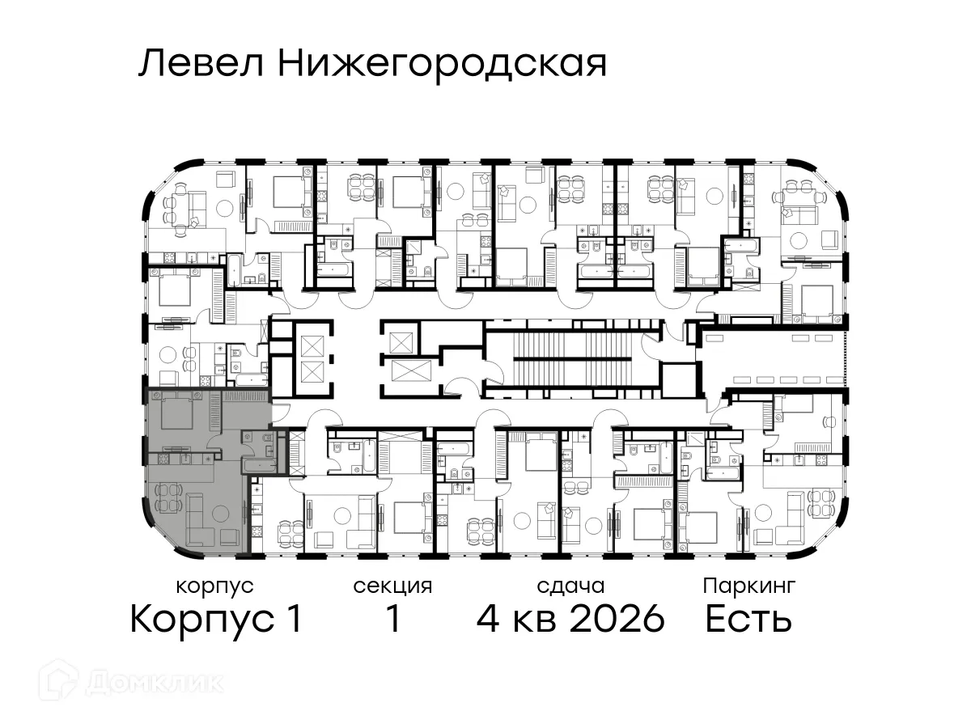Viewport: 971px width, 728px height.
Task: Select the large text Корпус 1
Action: point(215,620)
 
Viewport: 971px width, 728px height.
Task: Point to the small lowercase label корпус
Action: point(214,586)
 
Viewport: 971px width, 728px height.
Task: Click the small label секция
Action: point(392,586)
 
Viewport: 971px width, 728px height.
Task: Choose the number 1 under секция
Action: point(393,620)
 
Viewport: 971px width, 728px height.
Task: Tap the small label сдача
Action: point(570,586)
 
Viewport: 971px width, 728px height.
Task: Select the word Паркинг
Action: point(749,585)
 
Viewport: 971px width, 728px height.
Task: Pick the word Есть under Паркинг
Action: point(748,620)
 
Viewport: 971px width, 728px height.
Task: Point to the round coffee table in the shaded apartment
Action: point(222,511)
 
